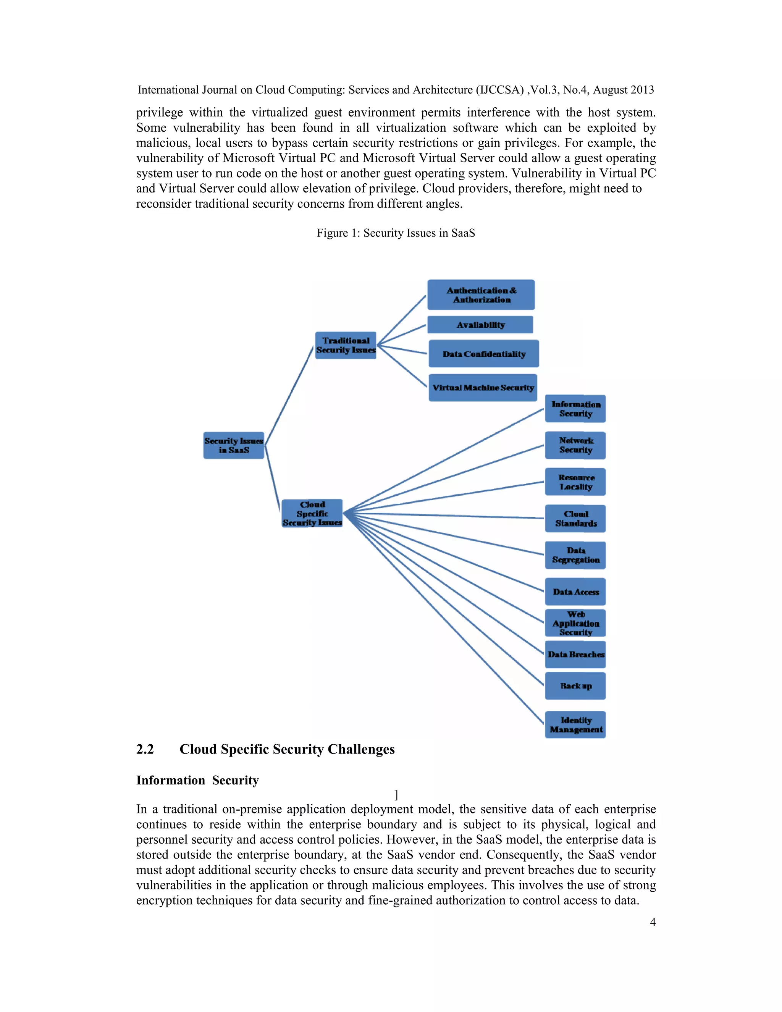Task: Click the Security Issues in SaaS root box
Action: pos(233,445)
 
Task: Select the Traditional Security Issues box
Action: pos(346,345)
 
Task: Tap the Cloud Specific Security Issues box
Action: pos(312,513)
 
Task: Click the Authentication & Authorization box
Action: pos(481,295)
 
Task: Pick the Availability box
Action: pos(480,325)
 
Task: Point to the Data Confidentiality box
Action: pos(484,354)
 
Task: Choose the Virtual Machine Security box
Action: pos(483,387)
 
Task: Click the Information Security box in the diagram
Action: pos(575,409)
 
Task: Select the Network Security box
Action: pos(575,445)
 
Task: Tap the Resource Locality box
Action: pos(575,482)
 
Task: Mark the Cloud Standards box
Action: pos(575,519)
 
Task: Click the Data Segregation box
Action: pos(575,555)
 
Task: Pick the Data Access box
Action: pos(575,592)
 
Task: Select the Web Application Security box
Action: pos(575,623)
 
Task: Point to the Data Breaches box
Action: pos(575,654)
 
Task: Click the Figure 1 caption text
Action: pos(396,233)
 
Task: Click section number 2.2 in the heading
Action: pos(145,749)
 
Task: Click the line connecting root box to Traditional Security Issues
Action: pos(289,395)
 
